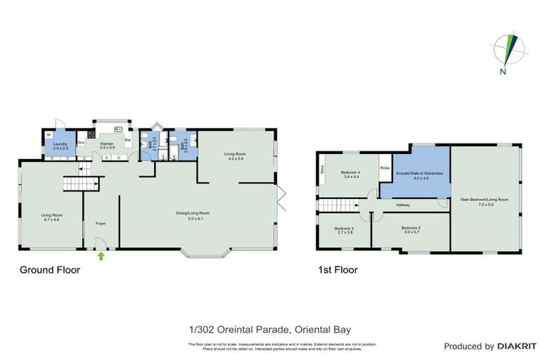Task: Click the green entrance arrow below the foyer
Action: click(x=101, y=256)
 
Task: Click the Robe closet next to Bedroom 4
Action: click(x=385, y=168)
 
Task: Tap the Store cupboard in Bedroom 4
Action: click(x=322, y=169)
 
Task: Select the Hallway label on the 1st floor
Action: click(x=403, y=205)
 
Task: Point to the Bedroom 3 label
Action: click(x=343, y=230)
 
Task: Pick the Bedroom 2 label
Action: click(x=411, y=229)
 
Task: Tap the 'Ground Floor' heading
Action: click(x=49, y=270)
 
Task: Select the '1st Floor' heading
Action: click(x=337, y=270)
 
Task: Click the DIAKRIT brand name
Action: click(x=517, y=346)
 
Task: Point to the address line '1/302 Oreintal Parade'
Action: click(x=269, y=329)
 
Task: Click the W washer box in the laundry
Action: click(x=49, y=134)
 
